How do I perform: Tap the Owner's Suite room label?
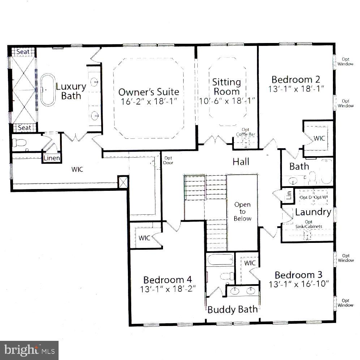pos(149,92)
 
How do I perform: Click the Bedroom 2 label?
pos(296,80)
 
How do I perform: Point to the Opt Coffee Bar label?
pos(246,132)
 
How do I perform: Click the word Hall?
pos(241,162)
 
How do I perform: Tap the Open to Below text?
pos(242,211)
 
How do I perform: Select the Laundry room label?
pos(313,212)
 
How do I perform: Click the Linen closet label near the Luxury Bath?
pos(51,158)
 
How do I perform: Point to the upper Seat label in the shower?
pos(23,52)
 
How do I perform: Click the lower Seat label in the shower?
pos(24,128)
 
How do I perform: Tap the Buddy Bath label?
pos(232,309)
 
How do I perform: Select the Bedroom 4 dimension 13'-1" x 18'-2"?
pos(167,290)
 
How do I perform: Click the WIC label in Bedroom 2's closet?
pos(319,138)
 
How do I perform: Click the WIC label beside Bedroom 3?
pos(249,263)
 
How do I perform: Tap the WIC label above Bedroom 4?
pos(145,238)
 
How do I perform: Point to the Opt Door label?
pos(168,160)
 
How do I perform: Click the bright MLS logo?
pos(29,350)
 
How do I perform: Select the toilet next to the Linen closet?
pos(20,144)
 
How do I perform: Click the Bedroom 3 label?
pos(299,275)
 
